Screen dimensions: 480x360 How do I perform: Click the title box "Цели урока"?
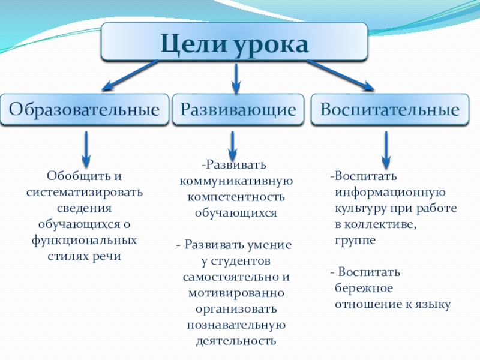click(x=234, y=42)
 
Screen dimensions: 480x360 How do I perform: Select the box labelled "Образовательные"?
click(x=85, y=110)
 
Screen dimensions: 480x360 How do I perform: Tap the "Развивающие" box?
click(x=239, y=110)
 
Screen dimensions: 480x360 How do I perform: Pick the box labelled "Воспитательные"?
click(x=389, y=110)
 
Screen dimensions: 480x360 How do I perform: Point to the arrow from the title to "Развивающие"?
click(x=236, y=77)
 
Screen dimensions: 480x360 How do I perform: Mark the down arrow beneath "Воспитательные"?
click(x=386, y=149)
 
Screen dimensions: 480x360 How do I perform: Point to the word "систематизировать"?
click(x=85, y=193)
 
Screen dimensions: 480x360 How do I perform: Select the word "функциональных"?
click(x=85, y=239)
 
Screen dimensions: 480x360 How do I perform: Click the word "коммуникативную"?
click(x=236, y=181)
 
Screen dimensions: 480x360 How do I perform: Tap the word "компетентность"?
click(x=236, y=197)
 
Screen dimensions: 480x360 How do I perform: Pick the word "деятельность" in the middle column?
click(x=236, y=341)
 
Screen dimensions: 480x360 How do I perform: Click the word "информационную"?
click(x=389, y=193)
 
